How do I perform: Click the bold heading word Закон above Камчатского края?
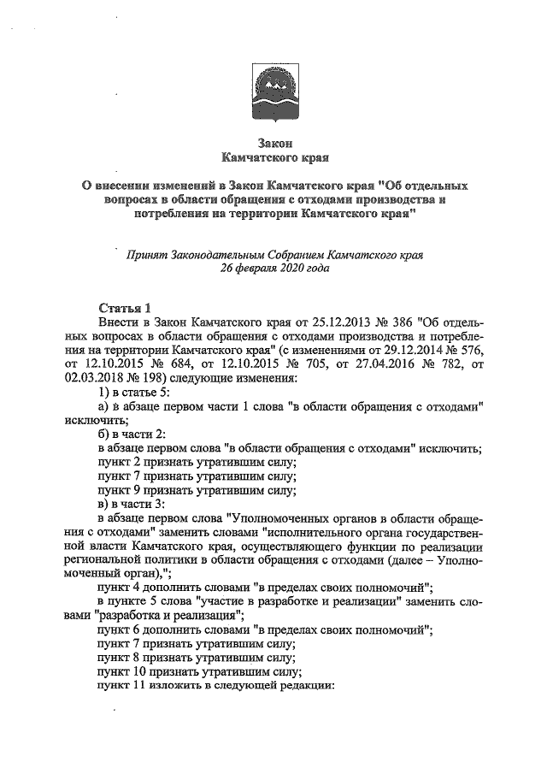(x=274, y=144)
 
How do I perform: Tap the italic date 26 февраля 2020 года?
(x=273, y=268)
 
